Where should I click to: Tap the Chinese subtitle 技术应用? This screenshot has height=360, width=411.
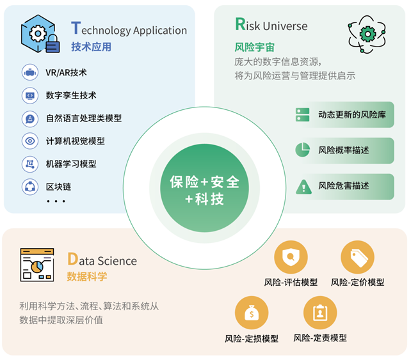coord(91,47)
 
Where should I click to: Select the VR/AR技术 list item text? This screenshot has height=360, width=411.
coord(66,72)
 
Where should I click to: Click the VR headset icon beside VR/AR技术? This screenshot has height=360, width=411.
coord(29,72)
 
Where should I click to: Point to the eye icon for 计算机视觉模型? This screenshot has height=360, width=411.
coord(29,141)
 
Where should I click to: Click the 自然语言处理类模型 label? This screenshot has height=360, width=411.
coord(83,118)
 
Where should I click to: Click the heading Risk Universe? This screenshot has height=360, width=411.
coord(271,26)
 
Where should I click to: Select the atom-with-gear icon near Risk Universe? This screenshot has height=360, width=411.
coord(367,34)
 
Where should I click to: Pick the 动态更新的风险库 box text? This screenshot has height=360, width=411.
coord(351,115)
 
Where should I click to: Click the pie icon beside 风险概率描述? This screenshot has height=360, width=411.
coord(302,150)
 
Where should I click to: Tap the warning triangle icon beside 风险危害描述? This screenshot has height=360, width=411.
coord(302,186)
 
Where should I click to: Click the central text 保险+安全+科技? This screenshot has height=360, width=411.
coord(205,190)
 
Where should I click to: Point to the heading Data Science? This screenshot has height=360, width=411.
coord(102,260)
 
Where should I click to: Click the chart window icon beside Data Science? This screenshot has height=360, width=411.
coord(36,265)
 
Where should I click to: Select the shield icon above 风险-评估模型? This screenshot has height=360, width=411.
coord(291,258)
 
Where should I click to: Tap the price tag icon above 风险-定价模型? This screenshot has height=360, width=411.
coord(357,258)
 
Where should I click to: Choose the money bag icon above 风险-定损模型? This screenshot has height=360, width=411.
coord(252,313)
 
